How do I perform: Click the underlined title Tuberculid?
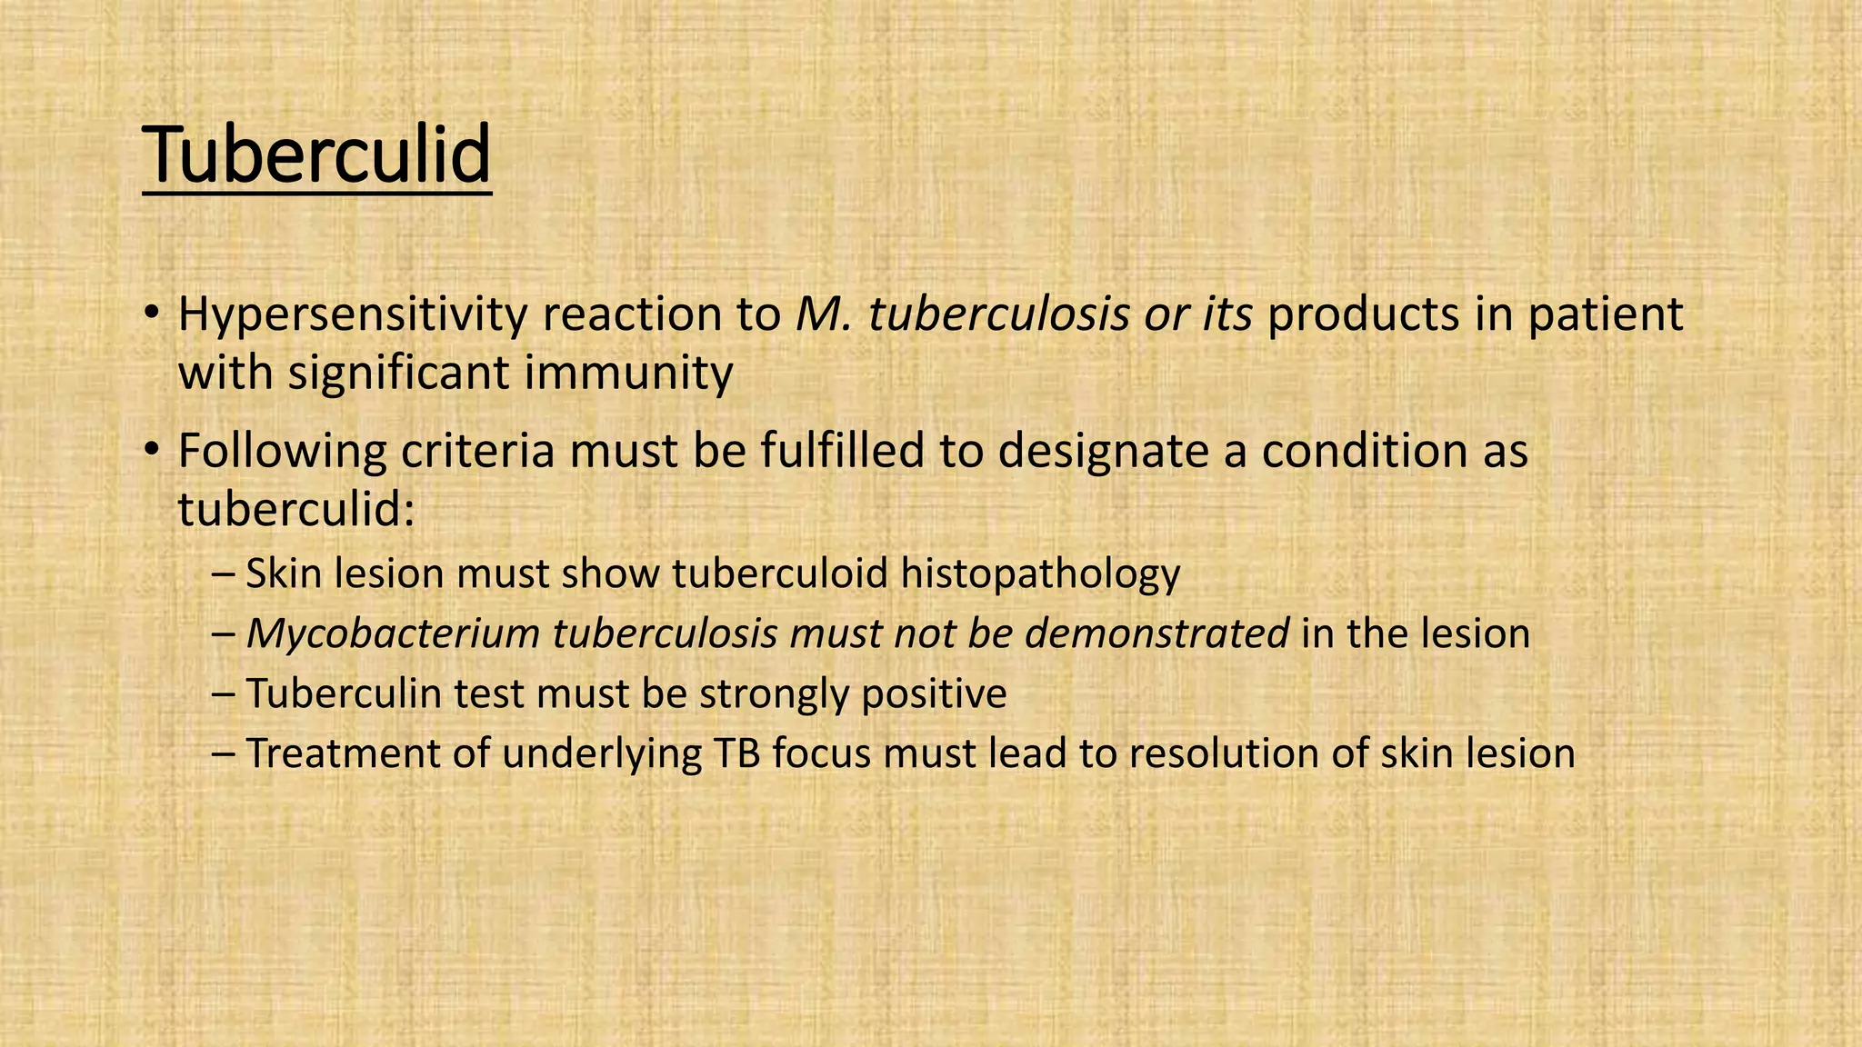pos(316,155)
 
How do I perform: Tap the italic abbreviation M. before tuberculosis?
pos(824,315)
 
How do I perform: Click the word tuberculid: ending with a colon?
pos(296,510)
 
